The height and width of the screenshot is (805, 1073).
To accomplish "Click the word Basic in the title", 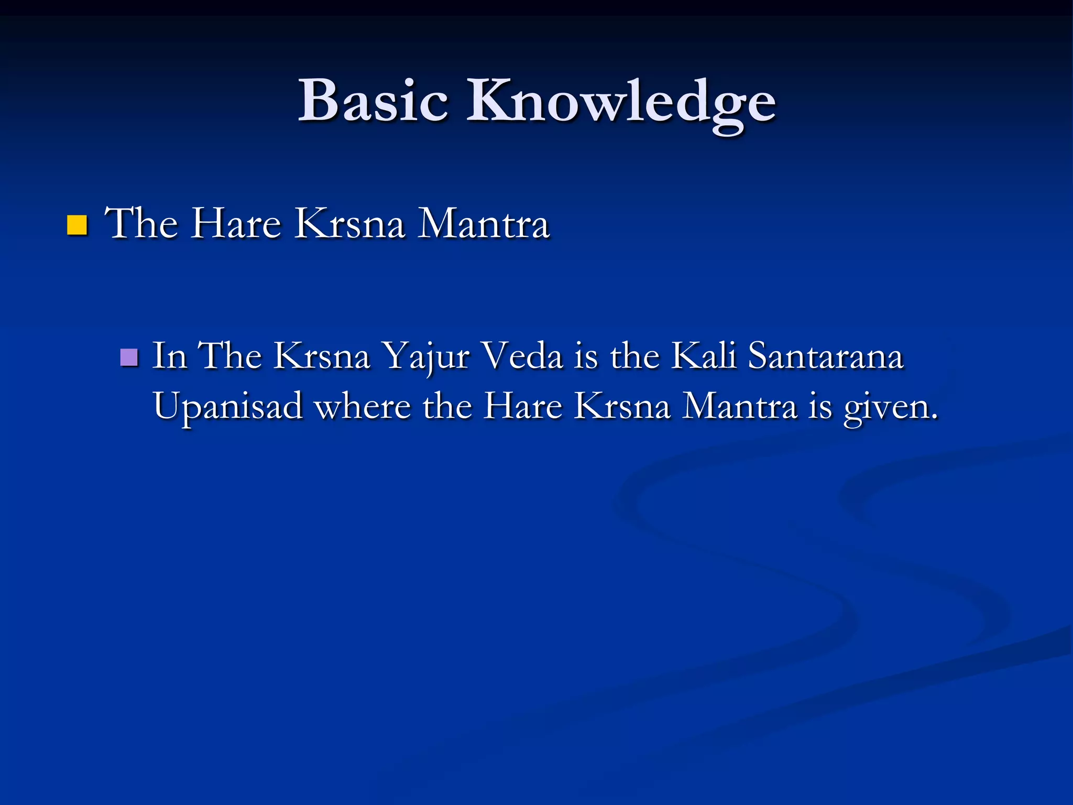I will coord(373,101).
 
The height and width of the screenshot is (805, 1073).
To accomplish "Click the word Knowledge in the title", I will coord(621,102).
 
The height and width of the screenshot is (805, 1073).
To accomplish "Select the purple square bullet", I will coord(129,357).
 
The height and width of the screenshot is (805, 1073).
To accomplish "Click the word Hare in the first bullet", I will coord(235,224).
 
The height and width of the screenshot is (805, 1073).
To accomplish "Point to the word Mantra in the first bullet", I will coord(483,224).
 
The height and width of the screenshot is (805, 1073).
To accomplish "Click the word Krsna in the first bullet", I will coord(349,224).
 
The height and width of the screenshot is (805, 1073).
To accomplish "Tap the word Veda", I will coord(522,356).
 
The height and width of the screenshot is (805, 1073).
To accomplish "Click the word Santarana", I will coord(826,356).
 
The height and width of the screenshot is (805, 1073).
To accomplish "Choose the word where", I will coord(362,406).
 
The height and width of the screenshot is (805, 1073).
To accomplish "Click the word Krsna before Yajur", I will coord(322,356).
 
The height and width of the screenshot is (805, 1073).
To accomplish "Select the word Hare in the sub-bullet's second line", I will coord(522,406).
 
